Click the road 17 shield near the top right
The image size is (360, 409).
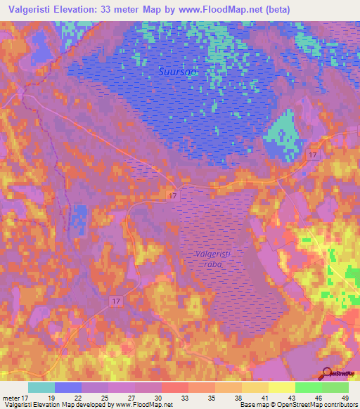(314, 154)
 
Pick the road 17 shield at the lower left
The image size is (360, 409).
(116, 300)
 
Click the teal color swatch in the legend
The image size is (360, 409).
(41, 387)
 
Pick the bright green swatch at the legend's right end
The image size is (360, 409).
(335, 387)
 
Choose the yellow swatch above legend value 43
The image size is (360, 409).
(282, 387)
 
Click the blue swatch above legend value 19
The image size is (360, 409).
(68, 387)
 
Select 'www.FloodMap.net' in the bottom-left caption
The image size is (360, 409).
(139, 405)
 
